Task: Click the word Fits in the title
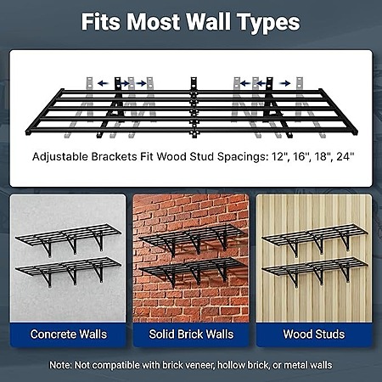(x=100, y=22)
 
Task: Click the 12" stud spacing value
(x=278, y=156)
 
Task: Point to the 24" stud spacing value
(x=345, y=156)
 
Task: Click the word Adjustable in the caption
(x=60, y=157)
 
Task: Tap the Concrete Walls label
(x=69, y=334)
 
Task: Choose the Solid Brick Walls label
(x=191, y=334)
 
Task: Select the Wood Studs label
(x=314, y=334)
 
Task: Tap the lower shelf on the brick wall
(x=193, y=271)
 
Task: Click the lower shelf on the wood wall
(x=315, y=269)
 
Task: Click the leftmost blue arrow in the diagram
(x=103, y=83)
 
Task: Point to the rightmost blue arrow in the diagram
(x=285, y=83)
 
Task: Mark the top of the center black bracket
(x=194, y=78)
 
